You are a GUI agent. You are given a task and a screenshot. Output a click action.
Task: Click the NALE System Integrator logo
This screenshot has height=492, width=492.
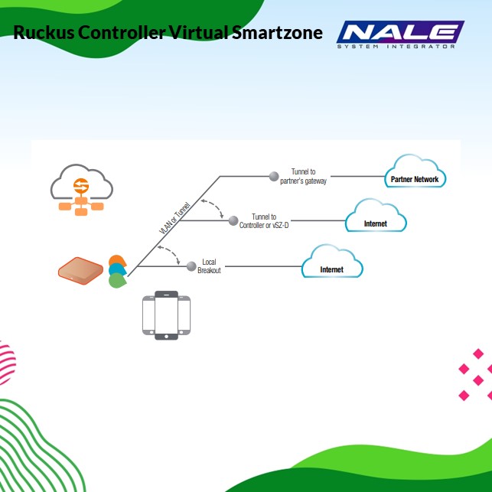400,34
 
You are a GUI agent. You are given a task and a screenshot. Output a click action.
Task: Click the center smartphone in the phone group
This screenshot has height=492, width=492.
166,314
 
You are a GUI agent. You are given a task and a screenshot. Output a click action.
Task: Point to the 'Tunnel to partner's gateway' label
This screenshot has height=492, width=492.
304,176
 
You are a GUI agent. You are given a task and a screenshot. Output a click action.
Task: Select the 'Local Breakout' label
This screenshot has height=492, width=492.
209,266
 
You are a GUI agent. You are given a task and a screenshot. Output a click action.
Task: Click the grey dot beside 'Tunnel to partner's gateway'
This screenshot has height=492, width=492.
274,176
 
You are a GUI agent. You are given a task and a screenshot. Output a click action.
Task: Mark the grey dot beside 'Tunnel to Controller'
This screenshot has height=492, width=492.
233,220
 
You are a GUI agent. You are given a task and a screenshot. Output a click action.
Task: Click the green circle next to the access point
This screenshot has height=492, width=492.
117,281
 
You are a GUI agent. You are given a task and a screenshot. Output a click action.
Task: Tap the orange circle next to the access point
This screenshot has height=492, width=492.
117,261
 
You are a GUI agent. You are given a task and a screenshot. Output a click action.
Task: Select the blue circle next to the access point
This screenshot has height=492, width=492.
117,270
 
